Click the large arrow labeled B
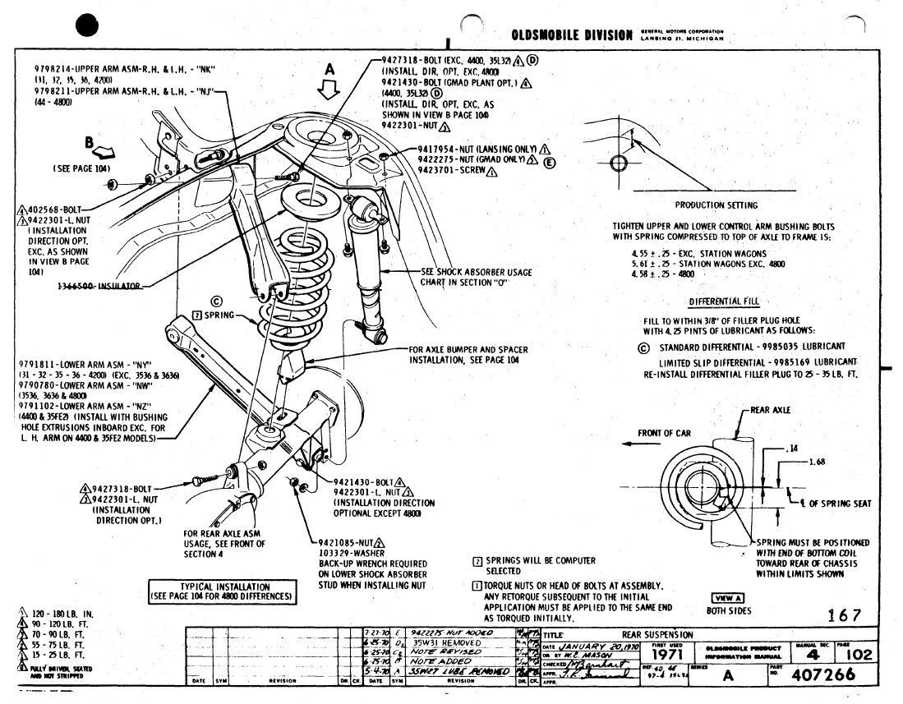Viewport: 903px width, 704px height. (104, 150)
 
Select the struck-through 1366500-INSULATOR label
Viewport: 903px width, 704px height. (99, 286)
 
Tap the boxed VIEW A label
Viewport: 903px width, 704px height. (727, 597)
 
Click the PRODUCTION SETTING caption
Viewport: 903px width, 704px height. (716, 205)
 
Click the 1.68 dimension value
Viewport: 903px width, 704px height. (817, 462)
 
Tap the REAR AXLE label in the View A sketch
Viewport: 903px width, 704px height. (770, 410)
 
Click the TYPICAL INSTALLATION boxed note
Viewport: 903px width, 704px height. (222, 591)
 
